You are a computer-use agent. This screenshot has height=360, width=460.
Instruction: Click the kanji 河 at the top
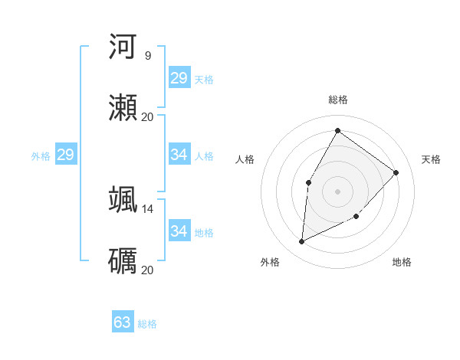(x=123, y=47)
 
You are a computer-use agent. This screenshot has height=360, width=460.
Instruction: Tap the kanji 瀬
(x=123, y=108)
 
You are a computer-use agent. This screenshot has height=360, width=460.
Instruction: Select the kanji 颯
(x=123, y=200)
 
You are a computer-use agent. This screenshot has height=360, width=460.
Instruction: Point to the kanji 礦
(x=123, y=261)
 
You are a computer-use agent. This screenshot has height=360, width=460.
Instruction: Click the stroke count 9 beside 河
(x=147, y=55)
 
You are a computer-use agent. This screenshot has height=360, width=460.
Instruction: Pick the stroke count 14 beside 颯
(x=147, y=208)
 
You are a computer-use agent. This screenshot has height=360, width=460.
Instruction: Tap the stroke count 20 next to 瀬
(x=147, y=116)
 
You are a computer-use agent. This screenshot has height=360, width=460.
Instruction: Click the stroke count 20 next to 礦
(x=147, y=270)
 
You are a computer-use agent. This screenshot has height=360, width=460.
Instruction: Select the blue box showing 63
(x=123, y=322)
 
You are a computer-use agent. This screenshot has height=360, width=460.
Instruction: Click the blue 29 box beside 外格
(x=65, y=155)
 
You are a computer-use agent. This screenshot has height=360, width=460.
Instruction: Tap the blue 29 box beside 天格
(x=179, y=78)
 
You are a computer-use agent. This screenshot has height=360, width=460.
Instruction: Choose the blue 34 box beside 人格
(x=179, y=155)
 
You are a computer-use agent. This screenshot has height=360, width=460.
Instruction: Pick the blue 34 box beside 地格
(x=179, y=231)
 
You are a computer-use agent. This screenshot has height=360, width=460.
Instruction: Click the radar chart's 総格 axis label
(x=338, y=100)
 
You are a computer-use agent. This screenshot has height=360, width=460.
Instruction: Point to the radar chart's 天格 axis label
(x=431, y=159)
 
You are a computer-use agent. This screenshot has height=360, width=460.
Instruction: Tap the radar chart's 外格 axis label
(x=270, y=262)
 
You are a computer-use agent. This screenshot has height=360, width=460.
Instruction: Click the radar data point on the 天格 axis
(x=396, y=172)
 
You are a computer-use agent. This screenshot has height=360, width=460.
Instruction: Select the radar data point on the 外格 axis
(x=302, y=241)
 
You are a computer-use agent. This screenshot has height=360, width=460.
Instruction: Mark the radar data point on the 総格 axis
(x=337, y=130)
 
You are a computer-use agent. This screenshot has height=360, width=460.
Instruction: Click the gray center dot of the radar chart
(x=337, y=191)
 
